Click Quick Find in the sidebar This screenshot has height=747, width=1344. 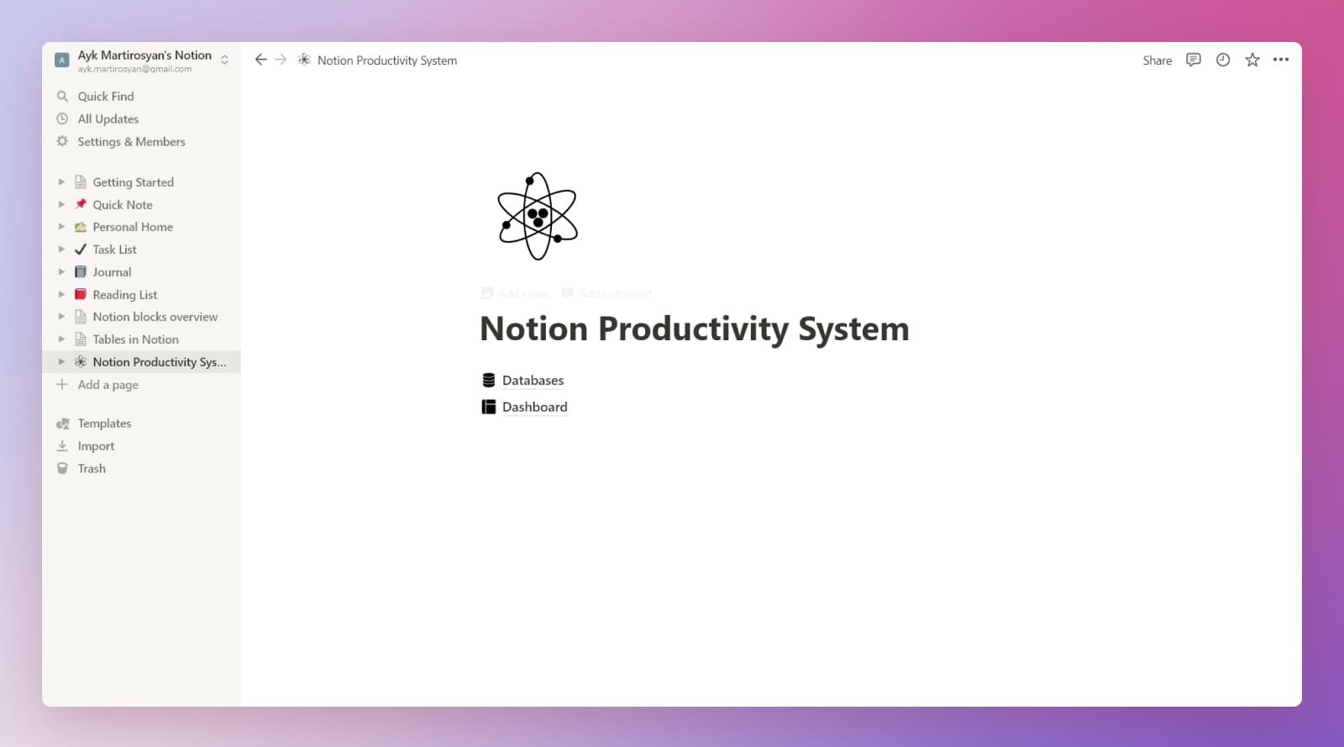pos(105,97)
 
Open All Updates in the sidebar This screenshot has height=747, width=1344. pos(108,119)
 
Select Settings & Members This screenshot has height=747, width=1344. pos(131,142)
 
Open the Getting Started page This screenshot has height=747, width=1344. pos(133,182)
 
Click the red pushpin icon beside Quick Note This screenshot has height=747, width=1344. pos(81,204)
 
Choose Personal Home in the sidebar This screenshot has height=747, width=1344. pos(133,227)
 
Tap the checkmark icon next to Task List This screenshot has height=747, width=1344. pos(81,250)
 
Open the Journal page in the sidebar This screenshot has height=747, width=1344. pos(112,272)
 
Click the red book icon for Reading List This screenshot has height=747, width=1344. pos(81,294)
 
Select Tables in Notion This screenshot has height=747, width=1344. pos(135,339)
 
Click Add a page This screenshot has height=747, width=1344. pos(108,385)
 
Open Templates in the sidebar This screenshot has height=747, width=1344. pos(104,423)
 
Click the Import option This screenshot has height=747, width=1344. pos(96,446)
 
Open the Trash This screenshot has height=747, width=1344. pos(92,469)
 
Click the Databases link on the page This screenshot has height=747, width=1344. pos(533,381)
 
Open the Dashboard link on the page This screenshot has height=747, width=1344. pos(534,408)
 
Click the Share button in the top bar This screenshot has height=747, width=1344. pos(1157,60)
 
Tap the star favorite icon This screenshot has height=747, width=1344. pos(1252,60)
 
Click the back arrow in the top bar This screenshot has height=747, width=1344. pos(260,60)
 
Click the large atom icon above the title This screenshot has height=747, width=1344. pos(538,216)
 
